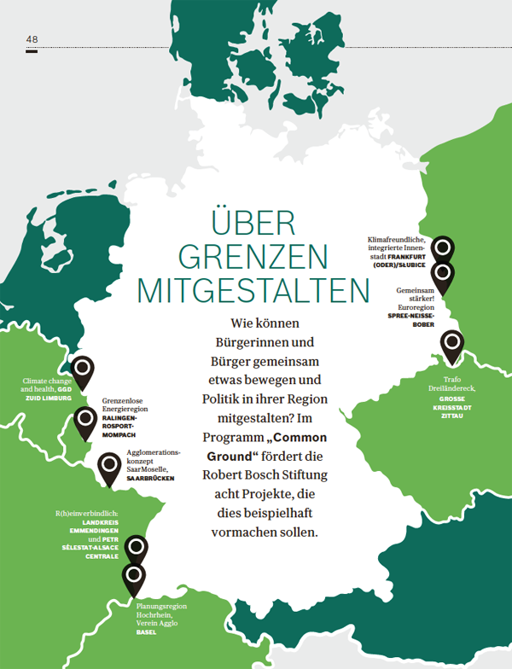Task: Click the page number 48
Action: pyautogui.click(x=32, y=39)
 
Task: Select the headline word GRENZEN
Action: pyautogui.click(x=253, y=256)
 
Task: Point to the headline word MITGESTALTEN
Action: pyautogui.click(x=253, y=290)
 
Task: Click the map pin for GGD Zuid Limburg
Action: pyautogui.click(x=82, y=370)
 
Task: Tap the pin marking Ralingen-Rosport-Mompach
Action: pyautogui.click(x=85, y=420)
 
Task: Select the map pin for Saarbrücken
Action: pyautogui.click(x=109, y=466)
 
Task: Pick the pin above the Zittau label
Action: pyautogui.click(x=451, y=344)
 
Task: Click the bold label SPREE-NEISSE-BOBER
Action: pyautogui.click(x=411, y=320)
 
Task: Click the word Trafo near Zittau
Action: pyautogui.click(x=453, y=379)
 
